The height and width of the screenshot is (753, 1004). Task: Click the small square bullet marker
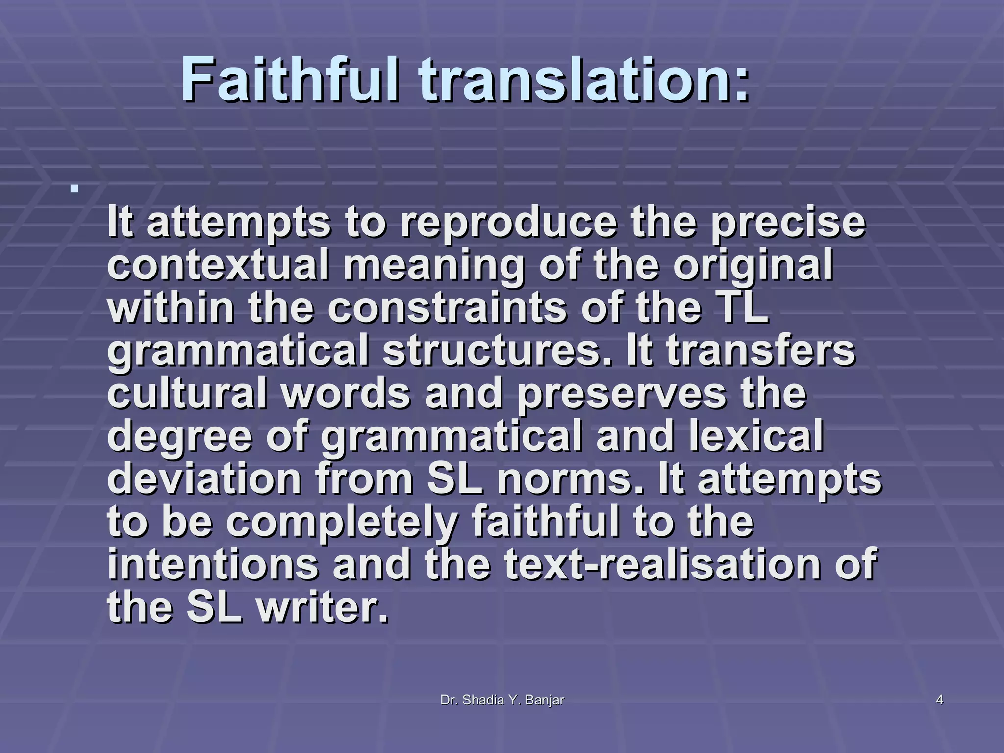click(75, 188)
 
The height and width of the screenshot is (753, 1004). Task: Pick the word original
click(753, 265)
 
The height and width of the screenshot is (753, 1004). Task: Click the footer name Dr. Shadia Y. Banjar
click(502, 701)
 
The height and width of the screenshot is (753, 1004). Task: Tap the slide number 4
click(939, 701)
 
